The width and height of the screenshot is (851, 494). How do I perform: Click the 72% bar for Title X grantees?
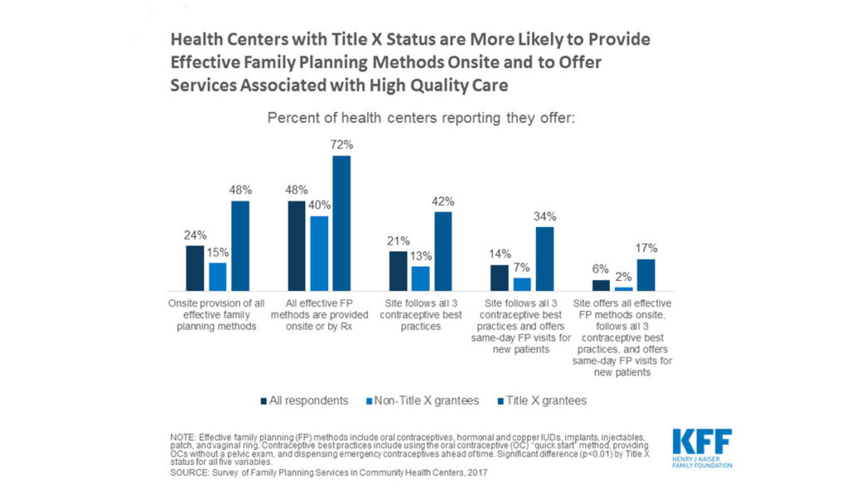click(341, 222)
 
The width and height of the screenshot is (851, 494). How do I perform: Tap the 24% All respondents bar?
click(194, 267)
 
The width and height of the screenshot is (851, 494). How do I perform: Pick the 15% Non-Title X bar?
click(217, 275)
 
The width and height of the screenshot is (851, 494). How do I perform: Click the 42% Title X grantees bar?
click(443, 250)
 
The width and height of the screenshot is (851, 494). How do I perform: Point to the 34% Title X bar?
click(545, 258)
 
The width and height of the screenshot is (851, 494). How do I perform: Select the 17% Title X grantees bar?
click(647, 274)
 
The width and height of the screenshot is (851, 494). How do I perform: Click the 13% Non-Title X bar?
click(421, 278)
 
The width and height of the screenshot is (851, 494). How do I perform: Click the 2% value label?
click(623, 276)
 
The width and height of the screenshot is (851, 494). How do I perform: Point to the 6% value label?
click(602, 269)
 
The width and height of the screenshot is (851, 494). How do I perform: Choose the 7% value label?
click(521, 267)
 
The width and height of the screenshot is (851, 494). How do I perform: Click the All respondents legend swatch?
click(263, 401)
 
